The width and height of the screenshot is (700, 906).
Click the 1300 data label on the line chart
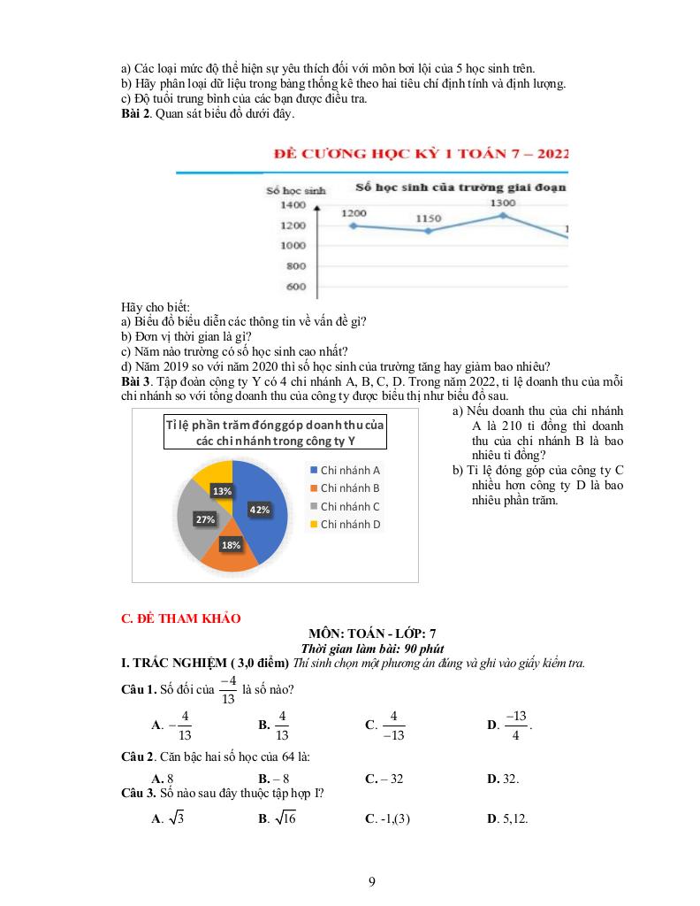click(502, 203)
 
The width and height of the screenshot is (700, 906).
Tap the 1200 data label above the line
click(354, 213)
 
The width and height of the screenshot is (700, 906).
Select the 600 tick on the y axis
click(295, 287)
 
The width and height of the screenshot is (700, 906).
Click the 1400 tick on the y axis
click(293, 205)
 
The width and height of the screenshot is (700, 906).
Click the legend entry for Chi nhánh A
click(344, 470)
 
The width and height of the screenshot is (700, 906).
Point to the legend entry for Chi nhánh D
click(344, 525)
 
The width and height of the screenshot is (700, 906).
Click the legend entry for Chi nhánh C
click(344, 506)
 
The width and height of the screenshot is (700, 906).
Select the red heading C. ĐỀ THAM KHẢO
click(180, 618)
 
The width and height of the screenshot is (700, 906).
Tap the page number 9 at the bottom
click(372, 881)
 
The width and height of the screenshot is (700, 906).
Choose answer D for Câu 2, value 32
click(503, 779)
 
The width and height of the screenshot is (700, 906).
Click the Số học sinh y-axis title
click(295, 190)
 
